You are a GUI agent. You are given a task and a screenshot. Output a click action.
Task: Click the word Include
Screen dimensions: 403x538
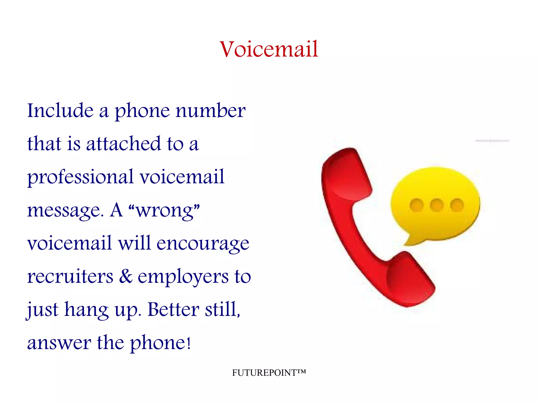[60, 111]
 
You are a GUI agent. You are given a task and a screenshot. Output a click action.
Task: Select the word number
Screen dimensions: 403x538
[210, 111]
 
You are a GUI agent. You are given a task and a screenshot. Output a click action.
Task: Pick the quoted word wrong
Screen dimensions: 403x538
[165, 210]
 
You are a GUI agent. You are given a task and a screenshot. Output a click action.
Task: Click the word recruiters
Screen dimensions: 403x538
[70, 277]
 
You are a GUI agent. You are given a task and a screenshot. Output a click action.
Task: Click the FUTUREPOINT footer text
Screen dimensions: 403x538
[269, 373]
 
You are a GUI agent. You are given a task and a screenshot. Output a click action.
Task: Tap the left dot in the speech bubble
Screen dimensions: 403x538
[416, 205]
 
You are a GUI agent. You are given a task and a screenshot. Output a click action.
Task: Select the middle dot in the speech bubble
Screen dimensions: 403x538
[437, 205]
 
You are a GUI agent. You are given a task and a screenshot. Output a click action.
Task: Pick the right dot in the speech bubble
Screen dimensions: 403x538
[457, 205]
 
